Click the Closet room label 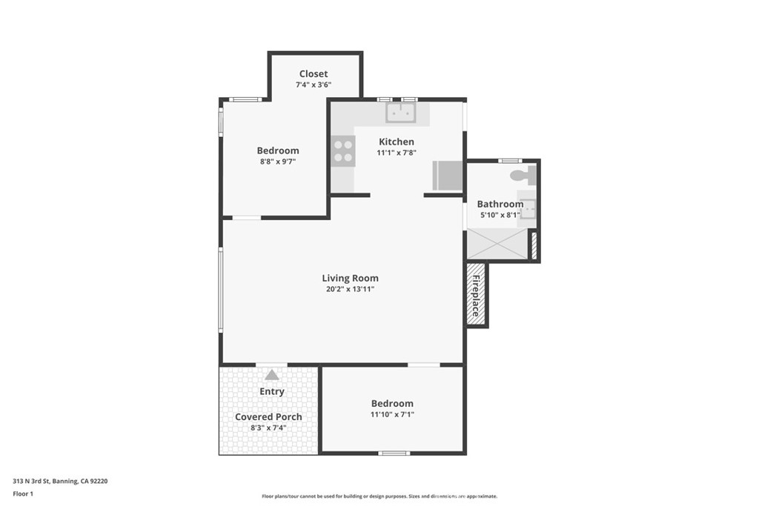[314, 73]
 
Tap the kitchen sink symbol [400, 113]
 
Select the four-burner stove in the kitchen [343, 151]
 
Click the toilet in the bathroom [524, 176]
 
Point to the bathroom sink [528, 210]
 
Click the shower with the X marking [497, 244]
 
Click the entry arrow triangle [272, 375]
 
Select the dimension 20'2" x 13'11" [350, 290]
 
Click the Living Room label [350, 278]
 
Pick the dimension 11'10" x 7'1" [392, 415]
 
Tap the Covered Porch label [268, 416]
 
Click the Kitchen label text [397, 142]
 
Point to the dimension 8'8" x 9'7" [278, 162]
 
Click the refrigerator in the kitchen [448, 176]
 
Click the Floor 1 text [24, 493]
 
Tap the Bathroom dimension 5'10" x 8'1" [500, 216]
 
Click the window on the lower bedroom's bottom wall [393, 453]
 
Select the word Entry [272, 391]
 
